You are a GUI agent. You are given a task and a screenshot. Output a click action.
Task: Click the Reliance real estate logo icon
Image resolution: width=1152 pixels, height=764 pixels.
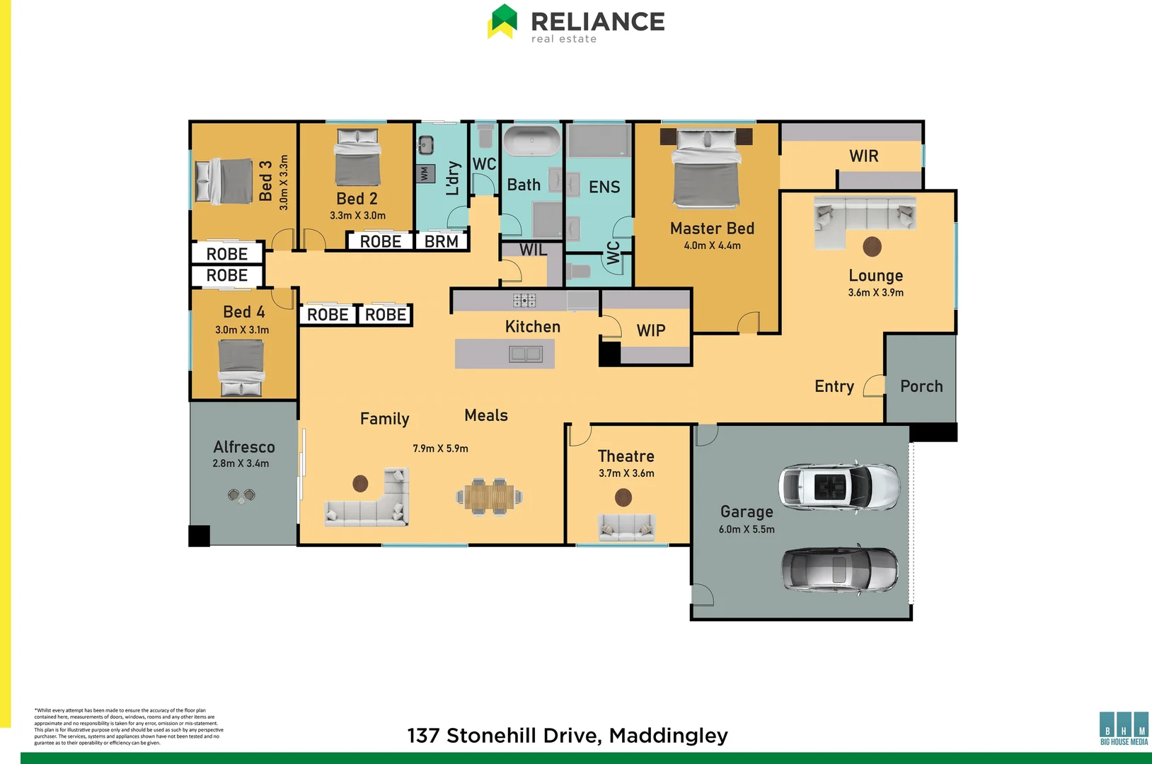pos(503,21)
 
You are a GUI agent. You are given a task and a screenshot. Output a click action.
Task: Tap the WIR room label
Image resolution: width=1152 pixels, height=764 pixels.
pos(863,156)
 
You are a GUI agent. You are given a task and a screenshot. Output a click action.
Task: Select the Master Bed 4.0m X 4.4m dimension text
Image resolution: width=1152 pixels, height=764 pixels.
pos(712,245)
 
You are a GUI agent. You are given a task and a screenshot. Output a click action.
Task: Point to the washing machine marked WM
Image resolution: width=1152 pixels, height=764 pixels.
pos(424,173)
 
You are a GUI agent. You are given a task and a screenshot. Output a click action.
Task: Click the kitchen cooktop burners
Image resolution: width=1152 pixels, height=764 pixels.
pos(524,300)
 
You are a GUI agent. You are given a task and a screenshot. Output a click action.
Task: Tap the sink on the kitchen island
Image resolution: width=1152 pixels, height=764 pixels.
pos(526,354)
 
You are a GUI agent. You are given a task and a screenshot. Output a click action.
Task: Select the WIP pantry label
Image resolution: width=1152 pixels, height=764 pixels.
pos(651,330)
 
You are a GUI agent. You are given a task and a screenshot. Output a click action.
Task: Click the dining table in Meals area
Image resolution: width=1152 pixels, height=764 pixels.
pos(490,496)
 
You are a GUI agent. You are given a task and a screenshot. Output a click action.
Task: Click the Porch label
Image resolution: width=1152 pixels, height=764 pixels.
pos(921,386)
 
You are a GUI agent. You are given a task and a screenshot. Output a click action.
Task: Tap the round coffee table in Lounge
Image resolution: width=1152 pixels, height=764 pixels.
pos(872,246)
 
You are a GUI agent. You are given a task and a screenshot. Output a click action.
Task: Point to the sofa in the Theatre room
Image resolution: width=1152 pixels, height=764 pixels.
pos(626,526)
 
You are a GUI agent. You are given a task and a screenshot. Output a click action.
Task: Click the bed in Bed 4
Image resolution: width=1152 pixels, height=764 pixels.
pos(241,366)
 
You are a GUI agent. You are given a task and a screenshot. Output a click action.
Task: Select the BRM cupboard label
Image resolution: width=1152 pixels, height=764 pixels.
pos(442,241)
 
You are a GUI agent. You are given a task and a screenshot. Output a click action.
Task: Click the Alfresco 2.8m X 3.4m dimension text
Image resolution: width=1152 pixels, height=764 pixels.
pos(241,463)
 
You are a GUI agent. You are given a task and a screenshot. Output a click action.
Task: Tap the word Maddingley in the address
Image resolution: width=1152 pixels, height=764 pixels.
pos(668,736)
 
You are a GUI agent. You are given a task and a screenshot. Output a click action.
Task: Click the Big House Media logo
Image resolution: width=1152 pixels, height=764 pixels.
pos(1124,728)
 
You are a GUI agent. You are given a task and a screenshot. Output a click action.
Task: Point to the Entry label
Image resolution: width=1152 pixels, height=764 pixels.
pos(834,386)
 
